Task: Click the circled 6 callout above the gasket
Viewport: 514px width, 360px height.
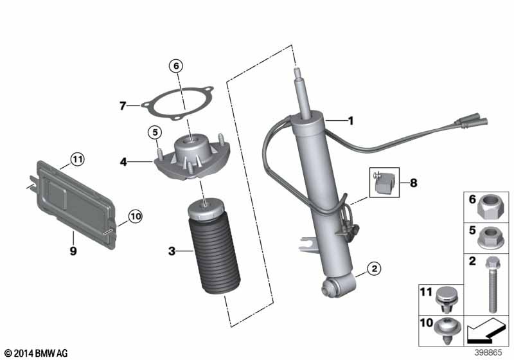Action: pyautogui.click(x=176, y=64)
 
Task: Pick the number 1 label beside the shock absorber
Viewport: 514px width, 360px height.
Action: pyautogui.click(x=351, y=120)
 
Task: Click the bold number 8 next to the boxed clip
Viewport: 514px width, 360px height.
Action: pyautogui.click(x=413, y=183)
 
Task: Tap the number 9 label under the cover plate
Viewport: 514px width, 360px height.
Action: pyautogui.click(x=73, y=251)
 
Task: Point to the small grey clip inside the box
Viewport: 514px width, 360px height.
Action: pyautogui.click(x=384, y=183)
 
